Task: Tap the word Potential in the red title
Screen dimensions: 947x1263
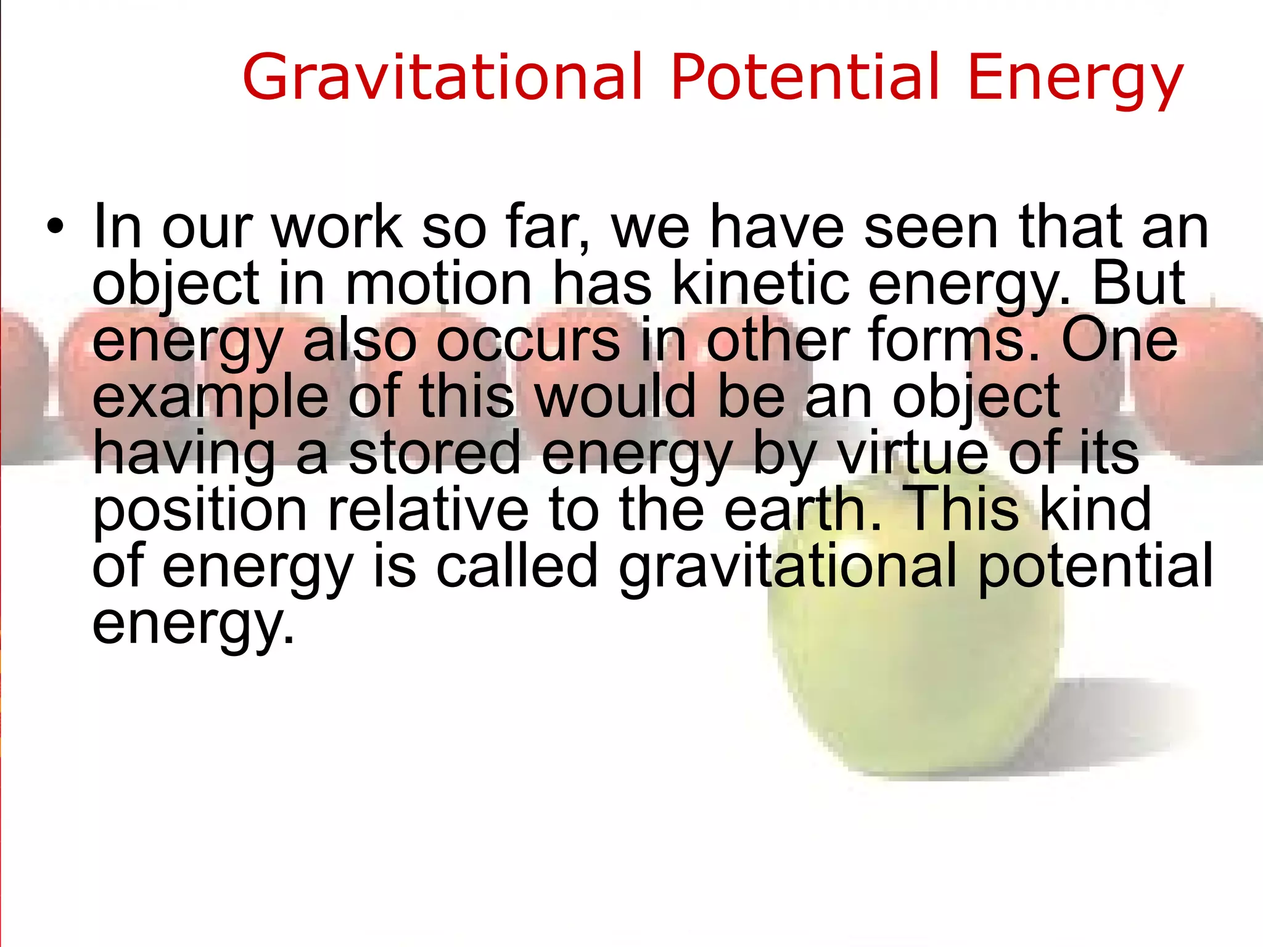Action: click(x=805, y=77)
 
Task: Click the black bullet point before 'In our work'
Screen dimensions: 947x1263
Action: click(x=55, y=228)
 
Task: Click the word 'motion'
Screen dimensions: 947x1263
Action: click(x=438, y=284)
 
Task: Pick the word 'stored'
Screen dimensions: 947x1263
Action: click(x=435, y=453)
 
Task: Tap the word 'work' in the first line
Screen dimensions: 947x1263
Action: click(x=337, y=228)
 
